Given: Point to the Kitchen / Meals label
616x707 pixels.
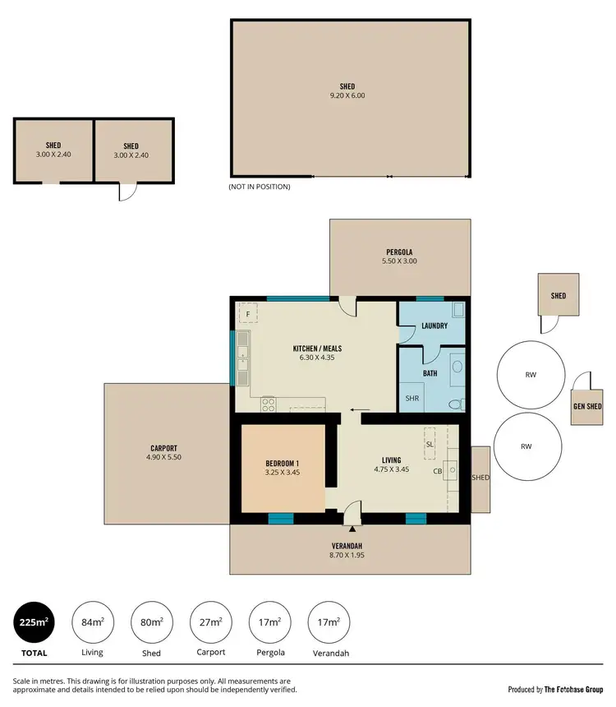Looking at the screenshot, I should tap(317, 353).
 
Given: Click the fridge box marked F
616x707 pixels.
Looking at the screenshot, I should tap(248, 314).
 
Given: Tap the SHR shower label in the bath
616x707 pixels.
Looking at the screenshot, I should tap(412, 398).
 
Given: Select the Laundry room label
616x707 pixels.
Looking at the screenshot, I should tap(434, 326).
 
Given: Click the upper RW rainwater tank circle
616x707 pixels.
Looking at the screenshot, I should tap(530, 374).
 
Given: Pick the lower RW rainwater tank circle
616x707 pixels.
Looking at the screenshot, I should tap(526, 446).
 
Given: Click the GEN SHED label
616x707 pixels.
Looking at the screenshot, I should tap(587, 406).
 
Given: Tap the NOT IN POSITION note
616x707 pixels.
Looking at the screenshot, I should tap(260, 187).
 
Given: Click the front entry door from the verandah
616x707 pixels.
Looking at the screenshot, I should tap(351, 515).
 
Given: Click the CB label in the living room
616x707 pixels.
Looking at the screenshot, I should tap(438, 471).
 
